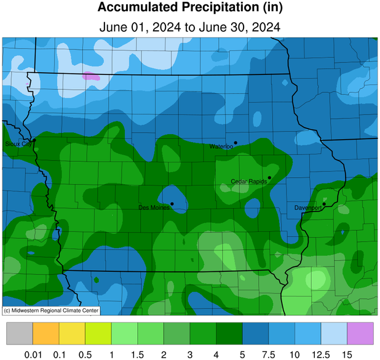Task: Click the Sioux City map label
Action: [17, 143]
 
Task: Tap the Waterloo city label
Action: [220, 146]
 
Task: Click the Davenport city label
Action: [308, 207]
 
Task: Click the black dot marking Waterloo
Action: [235, 143]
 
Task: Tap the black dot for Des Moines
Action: [172, 204]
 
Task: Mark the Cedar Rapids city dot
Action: [269, 177]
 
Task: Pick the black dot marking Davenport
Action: [324, 204]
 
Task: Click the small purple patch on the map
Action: [91, 76]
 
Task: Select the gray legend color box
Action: [19, 334]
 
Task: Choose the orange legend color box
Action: [46, 334]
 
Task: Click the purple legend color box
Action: [360, 334]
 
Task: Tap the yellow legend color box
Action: [72, 334]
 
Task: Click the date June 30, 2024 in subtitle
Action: [237, 27]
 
